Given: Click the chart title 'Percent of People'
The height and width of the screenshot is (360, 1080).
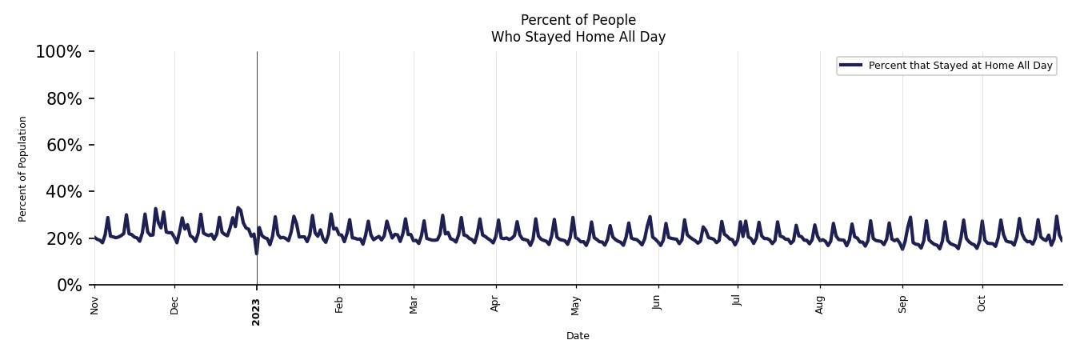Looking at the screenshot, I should click(x=578, y=20).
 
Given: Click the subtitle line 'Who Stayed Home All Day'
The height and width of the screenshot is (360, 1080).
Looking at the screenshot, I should click(x=578, y=37).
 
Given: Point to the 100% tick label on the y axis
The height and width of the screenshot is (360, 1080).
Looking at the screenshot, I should click(x=58, y=52).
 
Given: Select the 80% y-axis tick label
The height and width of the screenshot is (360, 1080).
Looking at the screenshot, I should click(x=62, y=98).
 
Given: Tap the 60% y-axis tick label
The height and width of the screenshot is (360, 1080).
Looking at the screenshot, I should click(x=62, y=145).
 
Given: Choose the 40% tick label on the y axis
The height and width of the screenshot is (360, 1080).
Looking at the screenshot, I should click(x=62, y=192).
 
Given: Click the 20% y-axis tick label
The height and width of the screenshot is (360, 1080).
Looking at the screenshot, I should click(x=62, y=238).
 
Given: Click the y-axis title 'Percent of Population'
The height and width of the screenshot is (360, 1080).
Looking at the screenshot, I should click(x=23, y=169).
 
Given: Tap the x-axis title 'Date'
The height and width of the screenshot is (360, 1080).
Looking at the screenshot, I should click(x=578, y=336).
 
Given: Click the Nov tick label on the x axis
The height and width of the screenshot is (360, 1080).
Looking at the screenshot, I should click(x=94, y=305).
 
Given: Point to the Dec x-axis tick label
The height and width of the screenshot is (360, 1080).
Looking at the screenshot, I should click(x=174, y=305).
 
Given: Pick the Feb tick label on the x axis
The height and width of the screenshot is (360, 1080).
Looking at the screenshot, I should click(x=339, y=305).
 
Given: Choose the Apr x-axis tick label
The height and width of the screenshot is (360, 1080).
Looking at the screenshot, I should click(x=496, y=305).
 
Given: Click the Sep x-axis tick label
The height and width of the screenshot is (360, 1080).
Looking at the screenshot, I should click(x=902, y=305).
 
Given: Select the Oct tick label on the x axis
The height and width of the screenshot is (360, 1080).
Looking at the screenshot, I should click(x=982, y=304).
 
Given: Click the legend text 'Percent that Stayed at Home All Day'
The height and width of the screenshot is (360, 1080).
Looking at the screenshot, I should click(x=960, y=66).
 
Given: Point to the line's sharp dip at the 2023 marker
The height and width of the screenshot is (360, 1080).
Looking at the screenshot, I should click(x=257, y=253).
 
